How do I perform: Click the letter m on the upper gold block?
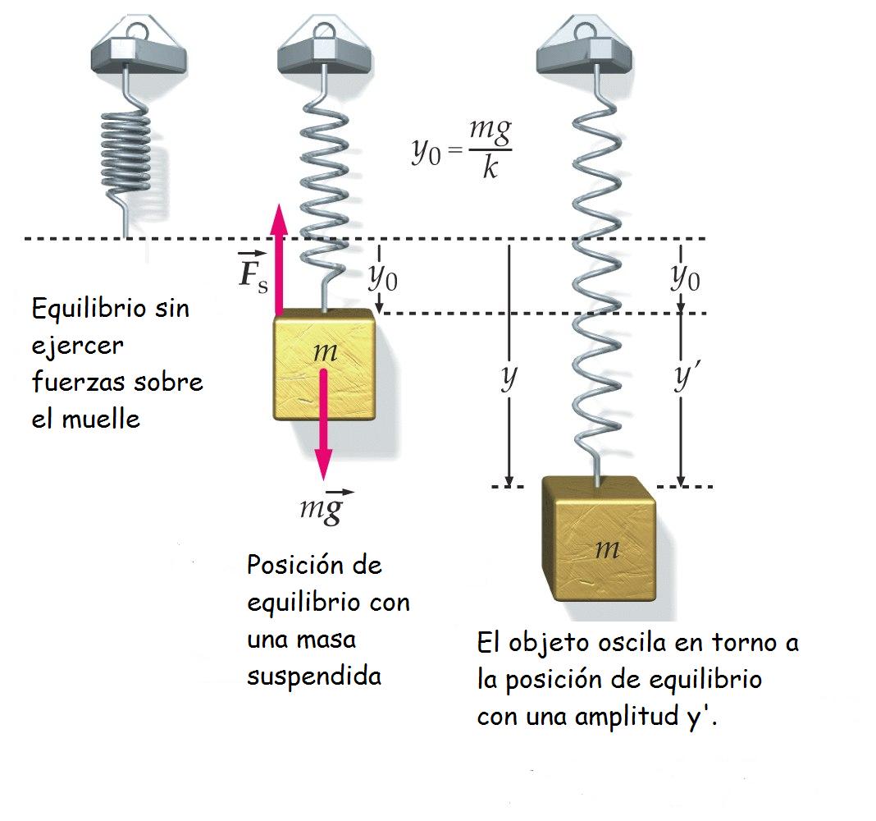coord(325,351)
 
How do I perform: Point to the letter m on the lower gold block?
coord(606,549)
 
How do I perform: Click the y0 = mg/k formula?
coord(462,149)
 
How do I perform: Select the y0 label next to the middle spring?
coord(383,279)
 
